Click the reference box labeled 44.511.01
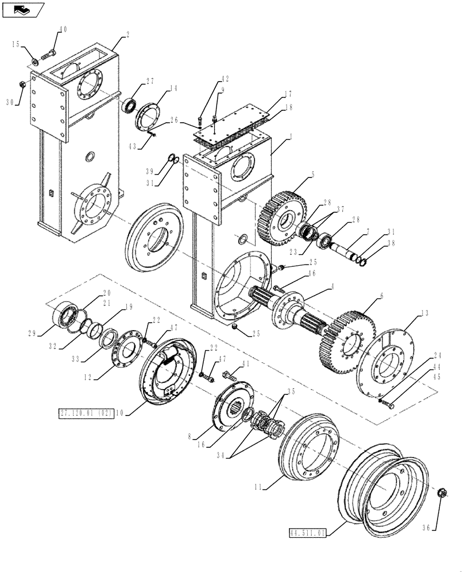307,533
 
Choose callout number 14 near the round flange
173,88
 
